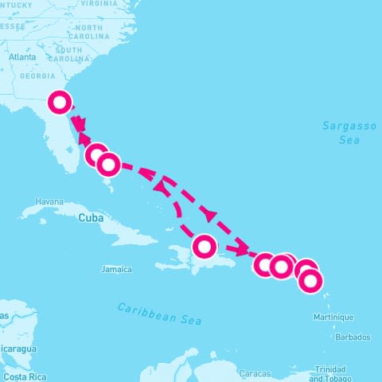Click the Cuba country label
[x=91, y=216]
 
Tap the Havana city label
[x=49, y=202]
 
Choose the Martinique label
[x=335, y=318]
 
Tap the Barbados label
[x=353, y=337]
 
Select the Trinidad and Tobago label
[x=332, y=373]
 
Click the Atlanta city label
[x=21, y=57]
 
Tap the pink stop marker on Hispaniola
[x=205, y=246]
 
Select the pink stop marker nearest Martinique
[x=310, y=280]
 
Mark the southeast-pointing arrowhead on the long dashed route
[x=209, y=215]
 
